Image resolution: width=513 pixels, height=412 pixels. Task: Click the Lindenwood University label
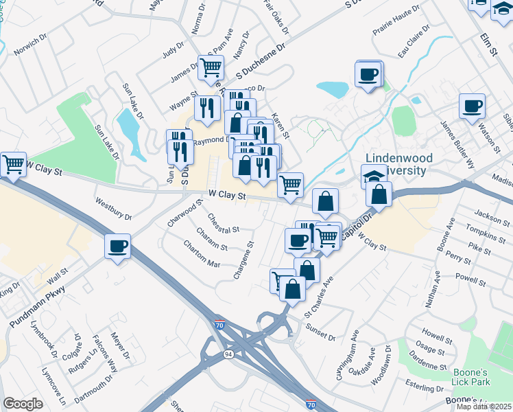point(398,163)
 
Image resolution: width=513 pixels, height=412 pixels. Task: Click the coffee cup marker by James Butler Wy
point(472,107)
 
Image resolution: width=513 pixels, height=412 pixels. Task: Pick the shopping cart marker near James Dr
point(211,68)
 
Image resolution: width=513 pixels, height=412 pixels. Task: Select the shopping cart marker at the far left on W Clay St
point(13,165)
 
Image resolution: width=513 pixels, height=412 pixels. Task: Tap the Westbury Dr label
point(113,209)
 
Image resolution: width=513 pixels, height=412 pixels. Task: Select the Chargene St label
point(244,260)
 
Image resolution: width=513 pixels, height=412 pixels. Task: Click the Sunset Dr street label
point(320,332)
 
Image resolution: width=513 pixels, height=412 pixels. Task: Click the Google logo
point(23,404)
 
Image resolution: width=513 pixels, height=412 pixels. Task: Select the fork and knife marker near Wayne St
point(206,108)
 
